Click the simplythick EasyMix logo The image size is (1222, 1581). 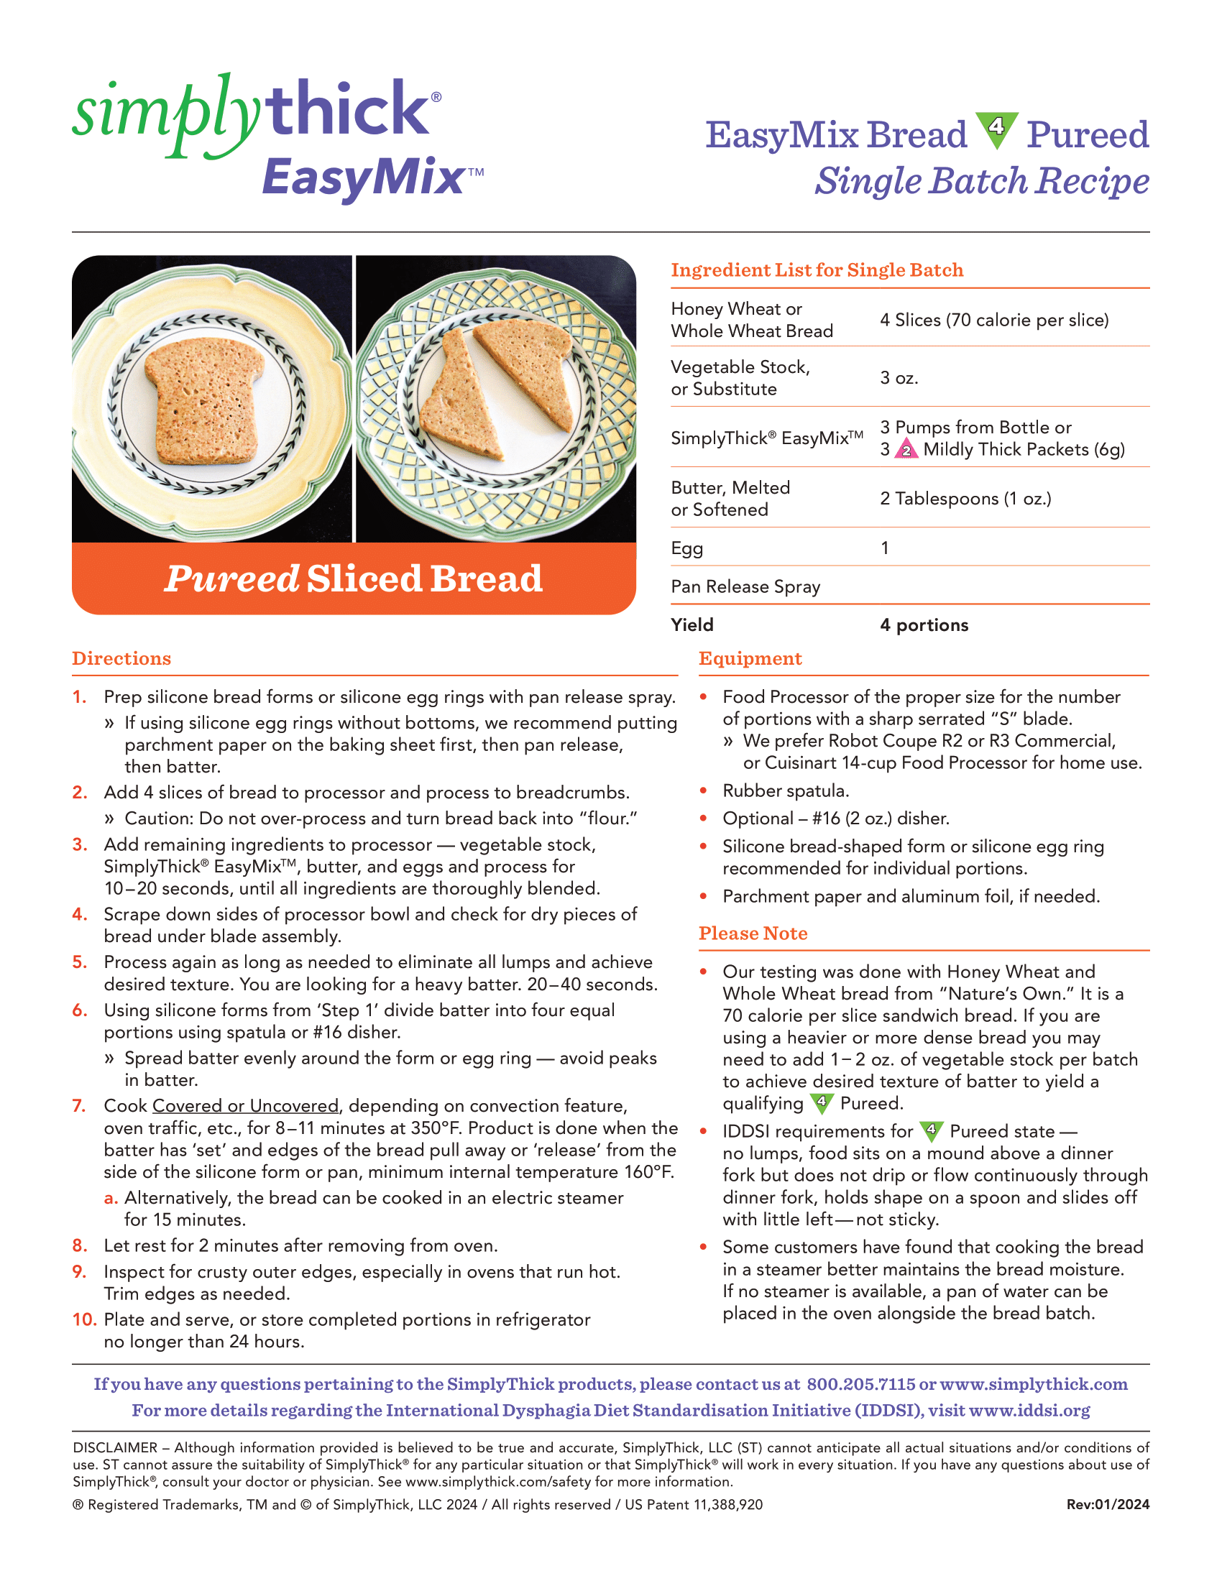click(278, 137)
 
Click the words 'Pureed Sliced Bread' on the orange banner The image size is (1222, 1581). click(353, 579)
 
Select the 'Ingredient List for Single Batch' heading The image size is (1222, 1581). click(817, 270)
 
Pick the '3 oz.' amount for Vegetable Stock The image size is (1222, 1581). click(899, 378)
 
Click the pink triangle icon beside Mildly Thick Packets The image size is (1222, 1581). click(906, 451)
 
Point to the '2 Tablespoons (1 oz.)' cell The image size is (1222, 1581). click(965, 499)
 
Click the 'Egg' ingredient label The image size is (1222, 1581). click(686, 548)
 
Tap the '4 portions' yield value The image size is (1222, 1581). click(924, 624)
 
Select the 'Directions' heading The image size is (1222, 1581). click(121, 659)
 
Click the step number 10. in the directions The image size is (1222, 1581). click(84, 1319)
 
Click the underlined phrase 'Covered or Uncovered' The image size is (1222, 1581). click(245, 1106)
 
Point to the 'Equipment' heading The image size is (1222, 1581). click(750, 659)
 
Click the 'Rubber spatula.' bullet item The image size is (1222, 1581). click(786, 790)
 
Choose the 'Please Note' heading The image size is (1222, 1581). click(753, 934)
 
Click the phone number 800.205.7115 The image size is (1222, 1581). click(860, 1384)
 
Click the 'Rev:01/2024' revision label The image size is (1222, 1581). click(1108, 1505)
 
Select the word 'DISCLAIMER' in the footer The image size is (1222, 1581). click(115, 1448)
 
